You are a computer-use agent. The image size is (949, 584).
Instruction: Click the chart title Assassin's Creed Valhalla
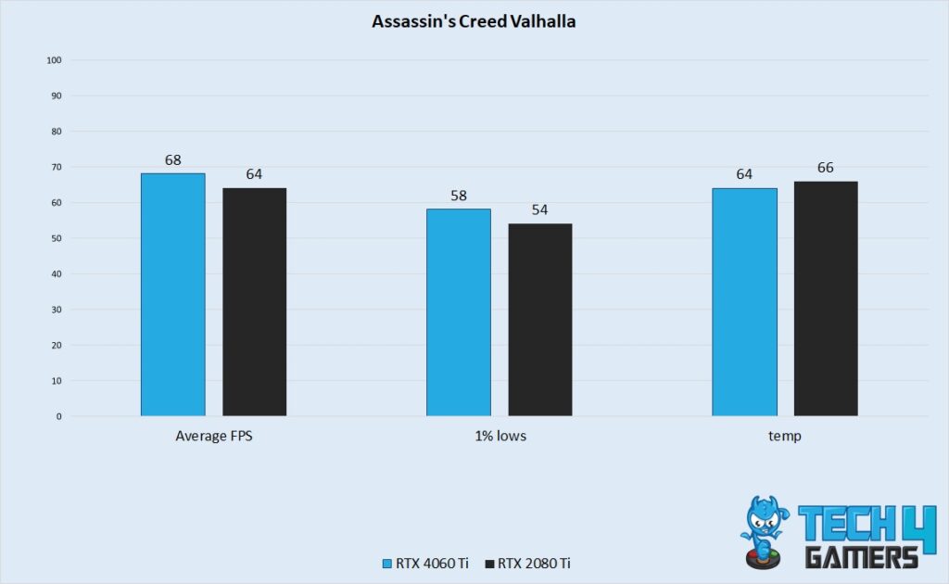(474, 21)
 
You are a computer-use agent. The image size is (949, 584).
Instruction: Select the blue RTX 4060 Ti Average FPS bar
(173, 295)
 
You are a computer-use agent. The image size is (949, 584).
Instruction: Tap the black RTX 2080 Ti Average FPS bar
(254, 302)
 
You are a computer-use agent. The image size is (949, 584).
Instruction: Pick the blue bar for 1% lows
(459, 312)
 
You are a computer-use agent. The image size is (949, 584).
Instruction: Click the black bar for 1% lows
(539, 320)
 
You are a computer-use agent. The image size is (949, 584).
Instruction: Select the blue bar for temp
(744, 302)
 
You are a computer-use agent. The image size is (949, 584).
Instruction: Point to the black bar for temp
(826, 298)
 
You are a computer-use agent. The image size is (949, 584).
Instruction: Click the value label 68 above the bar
(173, 159)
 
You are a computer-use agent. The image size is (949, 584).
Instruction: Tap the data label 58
(459, 196)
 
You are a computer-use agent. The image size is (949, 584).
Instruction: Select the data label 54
(539, 209)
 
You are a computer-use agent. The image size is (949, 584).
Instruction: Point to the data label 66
(826, 168)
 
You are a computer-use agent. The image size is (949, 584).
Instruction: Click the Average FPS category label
(214, 436)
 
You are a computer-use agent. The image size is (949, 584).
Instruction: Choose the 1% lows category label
(499, 436)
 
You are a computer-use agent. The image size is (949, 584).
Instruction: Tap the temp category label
(785, 436)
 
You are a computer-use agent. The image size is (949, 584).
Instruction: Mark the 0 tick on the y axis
(58, 416)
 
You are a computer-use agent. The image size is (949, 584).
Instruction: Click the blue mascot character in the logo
(764, 528)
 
